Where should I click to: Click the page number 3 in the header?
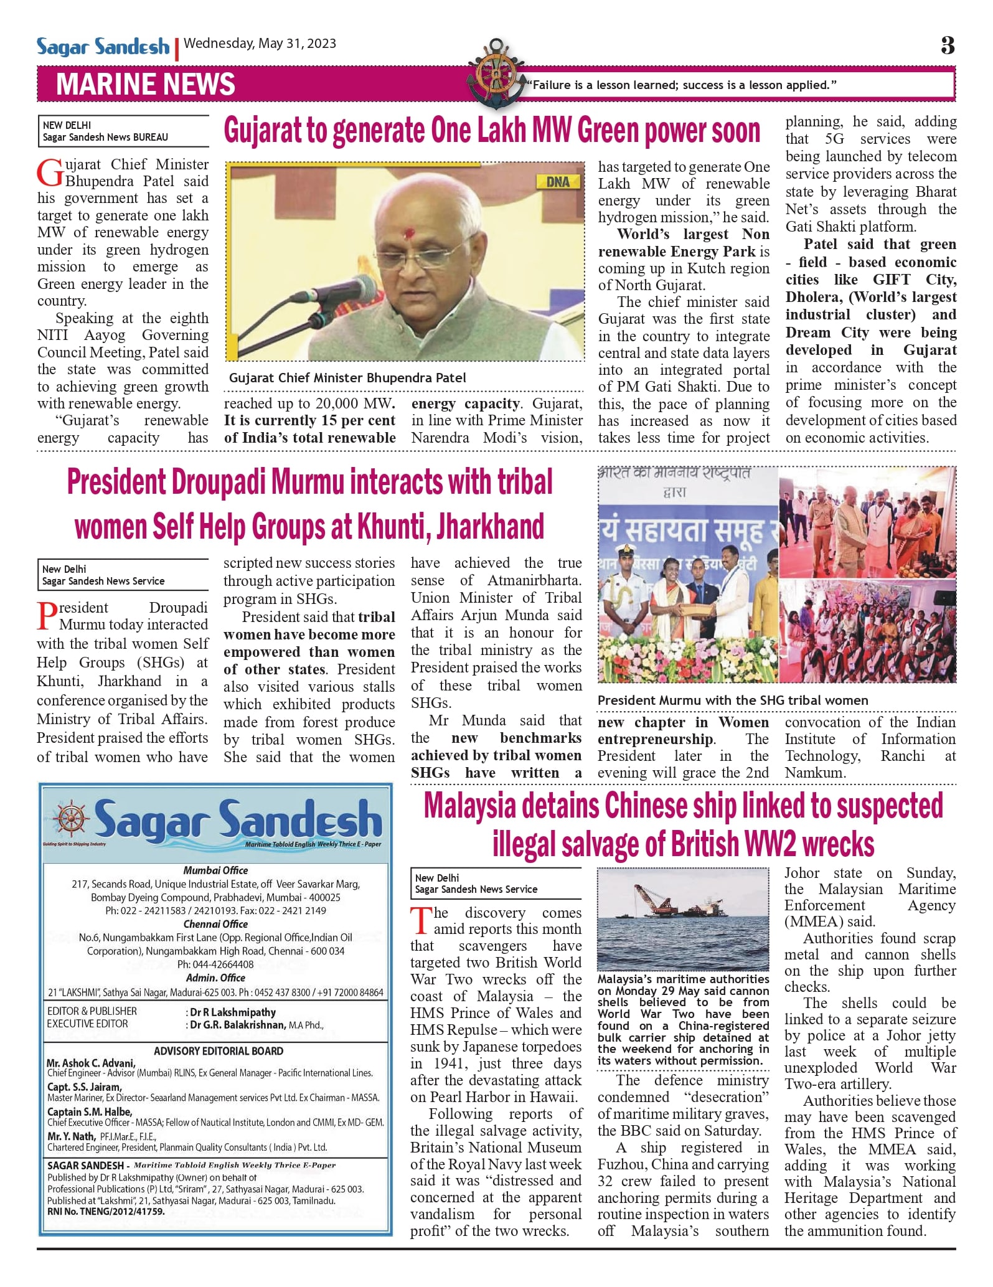point(947,45)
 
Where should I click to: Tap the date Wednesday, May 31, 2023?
point(260,44)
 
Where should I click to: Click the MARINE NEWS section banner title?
point(145,84)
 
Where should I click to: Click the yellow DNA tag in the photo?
point(557,182)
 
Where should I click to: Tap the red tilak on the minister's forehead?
point(409,234)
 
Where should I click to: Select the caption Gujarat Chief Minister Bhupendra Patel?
point(347,378)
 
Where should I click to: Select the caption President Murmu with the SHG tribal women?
point(733,700)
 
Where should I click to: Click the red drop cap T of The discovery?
point(421,921)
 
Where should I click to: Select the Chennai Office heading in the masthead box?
point(215,924)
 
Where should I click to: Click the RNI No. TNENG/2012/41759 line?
point(106,1212)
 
